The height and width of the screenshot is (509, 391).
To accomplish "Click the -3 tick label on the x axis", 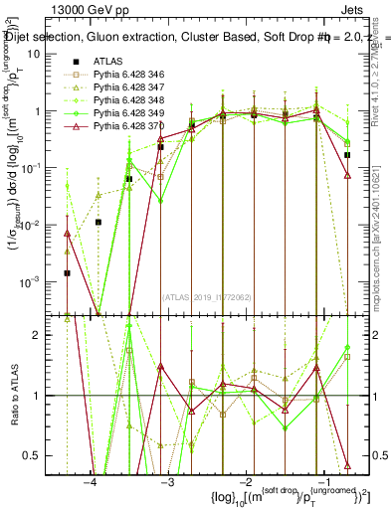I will click(168, 483).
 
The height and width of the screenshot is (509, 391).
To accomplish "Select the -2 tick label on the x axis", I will click(246, 483).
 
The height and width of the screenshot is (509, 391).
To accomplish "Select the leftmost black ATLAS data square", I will click(67, 272).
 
